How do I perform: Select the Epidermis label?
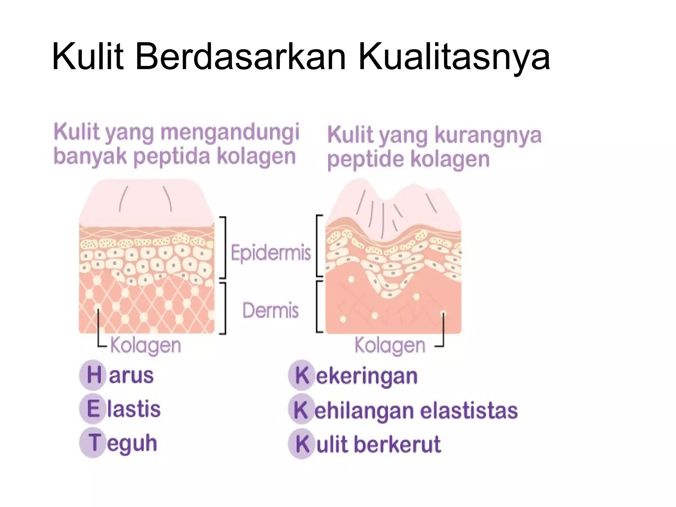click(271, 253)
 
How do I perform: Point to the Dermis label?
click(271, 310)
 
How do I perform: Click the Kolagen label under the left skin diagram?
click(146, 346)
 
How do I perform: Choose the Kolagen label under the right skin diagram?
click(390, 346)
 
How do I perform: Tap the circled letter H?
click(94, 375)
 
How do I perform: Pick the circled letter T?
click(94, 442)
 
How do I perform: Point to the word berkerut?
click(397, 444)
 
